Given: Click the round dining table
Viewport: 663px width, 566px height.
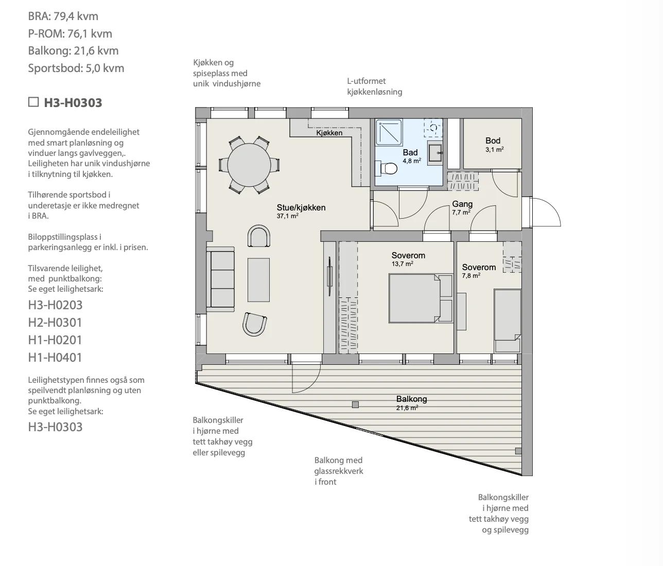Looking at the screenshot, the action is (249, 165).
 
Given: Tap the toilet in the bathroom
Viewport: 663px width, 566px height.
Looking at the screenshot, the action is (386, 168).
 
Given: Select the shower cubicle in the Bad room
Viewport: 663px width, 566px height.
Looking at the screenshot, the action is (389, 132).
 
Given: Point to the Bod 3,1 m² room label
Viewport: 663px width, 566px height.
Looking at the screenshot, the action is (494, 145).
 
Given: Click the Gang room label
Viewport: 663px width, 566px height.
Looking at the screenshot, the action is (462, 208).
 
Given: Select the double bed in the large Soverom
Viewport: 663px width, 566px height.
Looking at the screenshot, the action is (421, 298).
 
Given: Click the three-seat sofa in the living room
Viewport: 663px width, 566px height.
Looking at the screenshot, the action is (220, 279).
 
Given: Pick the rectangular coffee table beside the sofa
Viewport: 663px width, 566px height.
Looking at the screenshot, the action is (258, 280).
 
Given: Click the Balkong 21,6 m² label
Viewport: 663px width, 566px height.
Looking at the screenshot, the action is (411, 403).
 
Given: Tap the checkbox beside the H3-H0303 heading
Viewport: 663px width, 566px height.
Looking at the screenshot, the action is (33, 102).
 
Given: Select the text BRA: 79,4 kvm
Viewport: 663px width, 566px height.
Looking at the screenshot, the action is (63, 16).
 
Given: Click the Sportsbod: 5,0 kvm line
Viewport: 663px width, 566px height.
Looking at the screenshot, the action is (76, 68).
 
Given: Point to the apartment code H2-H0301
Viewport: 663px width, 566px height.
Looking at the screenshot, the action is (55, 322).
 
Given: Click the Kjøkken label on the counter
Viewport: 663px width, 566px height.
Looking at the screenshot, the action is (329, 133).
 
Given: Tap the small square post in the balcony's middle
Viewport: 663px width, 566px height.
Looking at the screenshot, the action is (355, 405).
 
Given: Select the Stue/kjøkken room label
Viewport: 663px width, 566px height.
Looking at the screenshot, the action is (301, 211).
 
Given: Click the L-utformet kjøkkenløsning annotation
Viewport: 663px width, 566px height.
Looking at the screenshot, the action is (374, 86).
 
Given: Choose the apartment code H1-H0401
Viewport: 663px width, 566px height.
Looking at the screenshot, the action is (55, 357).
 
